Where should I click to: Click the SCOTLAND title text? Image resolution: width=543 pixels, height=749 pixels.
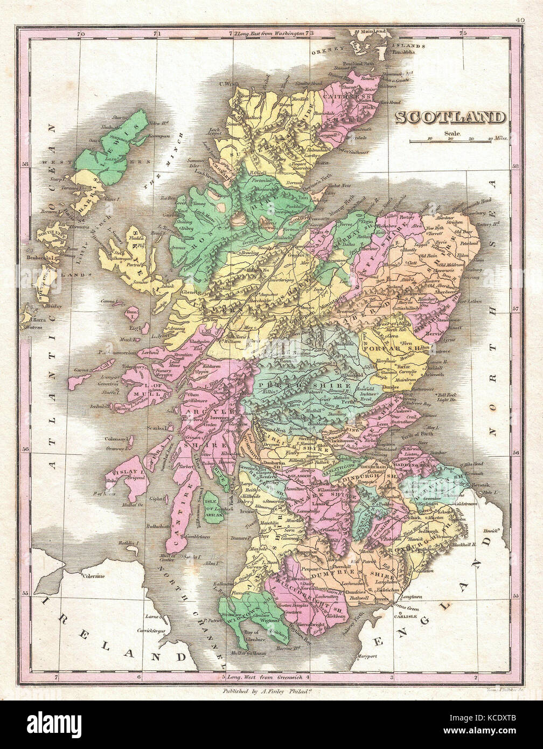click(x=451, y=117)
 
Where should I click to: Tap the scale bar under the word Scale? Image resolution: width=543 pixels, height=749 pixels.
click(x=450, y=141)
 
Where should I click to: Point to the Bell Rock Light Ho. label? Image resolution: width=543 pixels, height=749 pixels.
click(x=447, y=397)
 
